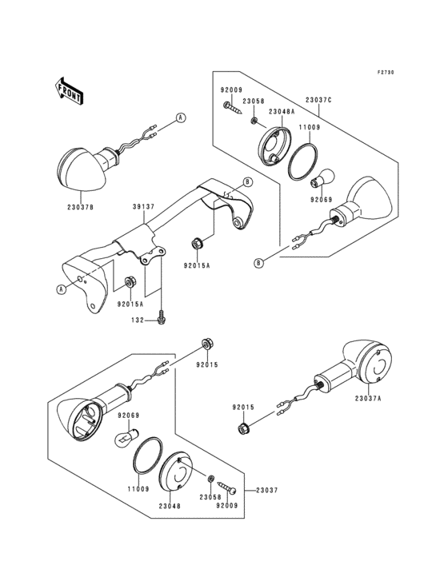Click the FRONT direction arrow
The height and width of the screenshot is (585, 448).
(x=69, y=90)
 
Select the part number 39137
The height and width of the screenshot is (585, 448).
(x=144, y=207)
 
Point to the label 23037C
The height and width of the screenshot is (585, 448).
(x=318, y=100)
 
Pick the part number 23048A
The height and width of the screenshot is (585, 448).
(x=282, y=111)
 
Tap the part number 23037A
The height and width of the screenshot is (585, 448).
(x=368, y=399)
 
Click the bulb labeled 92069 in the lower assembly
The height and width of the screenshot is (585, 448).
(x=127, y=436)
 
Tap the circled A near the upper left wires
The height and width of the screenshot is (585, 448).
(x=181, y=118)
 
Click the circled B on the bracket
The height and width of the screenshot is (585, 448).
(x=247, y=182)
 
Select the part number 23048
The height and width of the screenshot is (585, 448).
(x=169, y=506)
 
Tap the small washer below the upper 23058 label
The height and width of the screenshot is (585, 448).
(x=254, y=121)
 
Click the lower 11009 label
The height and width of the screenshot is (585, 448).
(x=138, y=489)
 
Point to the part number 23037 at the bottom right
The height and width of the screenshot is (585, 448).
(x=267, y=490)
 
